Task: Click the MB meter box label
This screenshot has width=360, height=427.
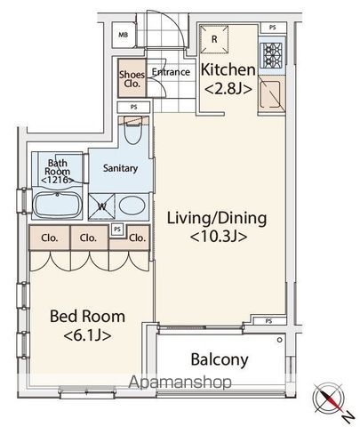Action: tap(124, 35)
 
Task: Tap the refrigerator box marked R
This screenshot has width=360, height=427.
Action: tap(214, 39)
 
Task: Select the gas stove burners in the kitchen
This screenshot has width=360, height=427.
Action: tap(271, 55)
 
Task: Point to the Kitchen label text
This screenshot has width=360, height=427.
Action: tap(228, 70)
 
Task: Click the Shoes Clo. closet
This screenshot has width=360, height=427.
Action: tap(132, 78)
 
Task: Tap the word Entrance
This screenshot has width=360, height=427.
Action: tap(171, 72)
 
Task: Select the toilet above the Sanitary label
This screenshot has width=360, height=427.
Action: tap(132, 130)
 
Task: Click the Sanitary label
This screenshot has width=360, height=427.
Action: tap(120, 168)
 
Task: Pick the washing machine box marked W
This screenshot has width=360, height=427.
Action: tap(101, 206)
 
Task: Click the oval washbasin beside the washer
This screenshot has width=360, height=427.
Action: tap(132, 205)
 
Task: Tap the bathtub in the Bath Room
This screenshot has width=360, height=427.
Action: tap(57, 205)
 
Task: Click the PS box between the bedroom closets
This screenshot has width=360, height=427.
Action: tap(117, 230)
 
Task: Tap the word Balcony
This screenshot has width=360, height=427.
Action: tap(220, 359)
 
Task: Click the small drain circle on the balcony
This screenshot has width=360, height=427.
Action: tap(279, 340)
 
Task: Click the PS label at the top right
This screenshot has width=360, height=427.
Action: tap(273, 28)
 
